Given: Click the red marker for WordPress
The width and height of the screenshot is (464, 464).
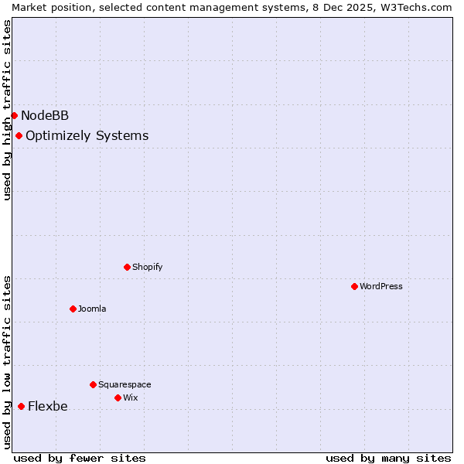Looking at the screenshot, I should tap(354, 286).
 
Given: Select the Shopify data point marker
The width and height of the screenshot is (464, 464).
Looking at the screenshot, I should tap(127, 267).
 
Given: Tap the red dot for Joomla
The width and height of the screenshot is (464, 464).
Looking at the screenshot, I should tap(73, 309).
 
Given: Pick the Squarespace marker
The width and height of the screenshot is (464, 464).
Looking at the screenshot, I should tap(93, 384).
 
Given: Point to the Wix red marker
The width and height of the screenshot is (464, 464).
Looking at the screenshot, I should tap(118, 397).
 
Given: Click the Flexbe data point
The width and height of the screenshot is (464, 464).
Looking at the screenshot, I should tap(21, 406).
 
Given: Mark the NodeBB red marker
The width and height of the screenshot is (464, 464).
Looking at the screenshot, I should tap(14, 115).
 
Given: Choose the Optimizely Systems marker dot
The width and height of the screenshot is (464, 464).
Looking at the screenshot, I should tap(19, 135).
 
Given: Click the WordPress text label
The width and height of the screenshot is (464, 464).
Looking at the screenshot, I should tap(380, 286).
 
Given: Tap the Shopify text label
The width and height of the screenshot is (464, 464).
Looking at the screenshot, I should tap(147, 267).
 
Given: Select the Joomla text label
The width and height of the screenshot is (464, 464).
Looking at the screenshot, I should tap(92, 309).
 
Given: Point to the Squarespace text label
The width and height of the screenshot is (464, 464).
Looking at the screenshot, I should tap(125, 384).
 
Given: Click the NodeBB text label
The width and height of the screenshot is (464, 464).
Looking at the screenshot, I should tap(45, 116).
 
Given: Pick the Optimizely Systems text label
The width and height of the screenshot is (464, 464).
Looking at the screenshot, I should tap(87, 136).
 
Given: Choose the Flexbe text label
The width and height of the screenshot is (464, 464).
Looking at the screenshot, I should tap(48, 407).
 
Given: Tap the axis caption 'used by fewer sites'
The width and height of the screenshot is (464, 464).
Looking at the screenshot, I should tap(80, 458).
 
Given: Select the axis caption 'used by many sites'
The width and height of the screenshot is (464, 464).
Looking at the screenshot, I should tap(388, 458).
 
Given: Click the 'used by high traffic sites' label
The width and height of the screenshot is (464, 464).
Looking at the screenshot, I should tap(7, 110).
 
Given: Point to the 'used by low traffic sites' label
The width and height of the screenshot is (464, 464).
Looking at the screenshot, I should tap(7, 362).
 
